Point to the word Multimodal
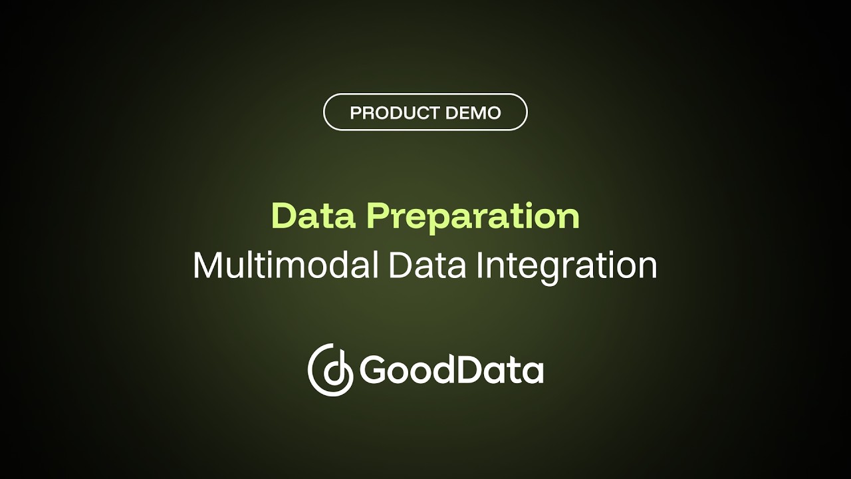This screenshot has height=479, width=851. [285, 265]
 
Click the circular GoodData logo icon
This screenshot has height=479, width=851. [330, 370]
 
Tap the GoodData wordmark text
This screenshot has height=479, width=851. [451, 371]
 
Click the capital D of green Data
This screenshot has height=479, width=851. [284, 216]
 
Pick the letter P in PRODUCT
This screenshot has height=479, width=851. [355, 113]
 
